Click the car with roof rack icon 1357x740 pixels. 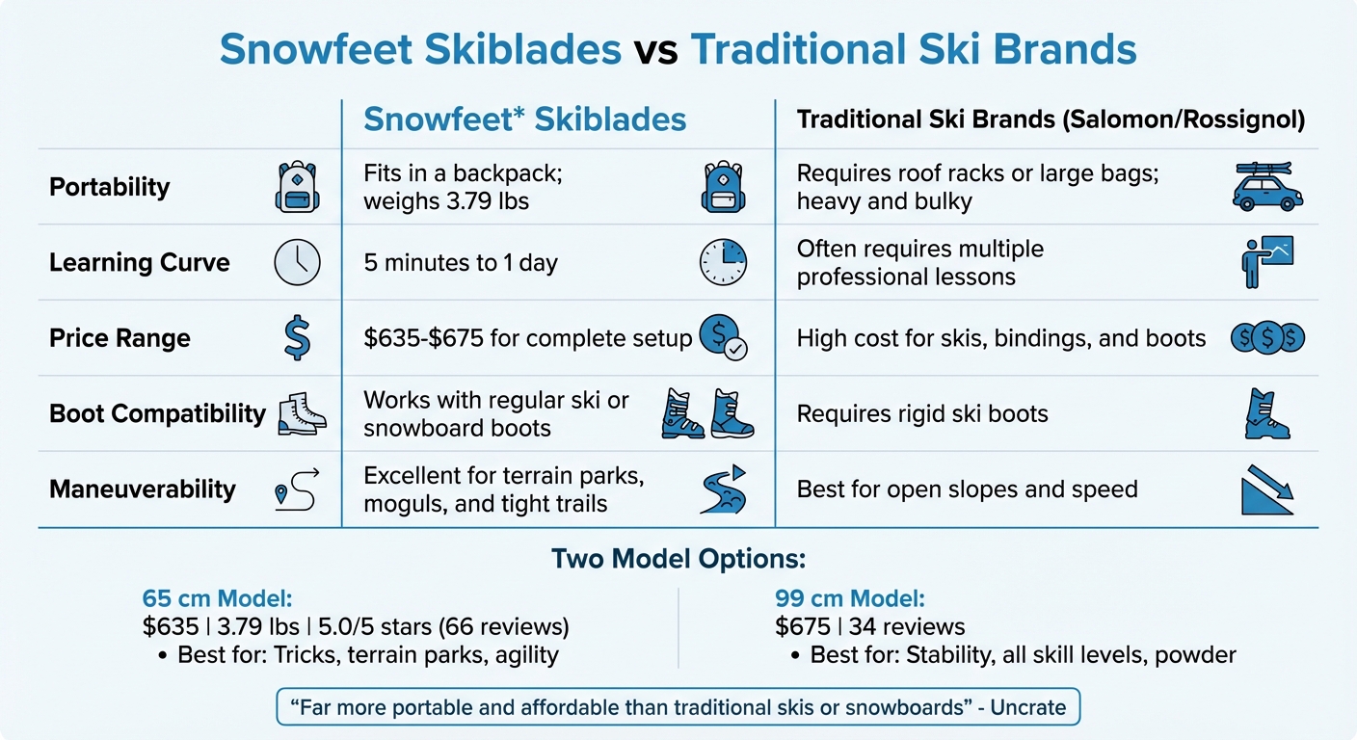pos(1267,186)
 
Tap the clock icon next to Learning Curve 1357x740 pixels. pos(297,262)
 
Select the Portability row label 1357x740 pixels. pos(109,187)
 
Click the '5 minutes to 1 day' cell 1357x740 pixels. pos(460,263)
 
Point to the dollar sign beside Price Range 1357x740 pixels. pos(297,338)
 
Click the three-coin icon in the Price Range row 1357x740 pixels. pos(1267,337)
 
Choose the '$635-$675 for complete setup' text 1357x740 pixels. pos(527,338)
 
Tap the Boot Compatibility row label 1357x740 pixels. pos(157,413)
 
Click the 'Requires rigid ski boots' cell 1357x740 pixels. pos(921,414)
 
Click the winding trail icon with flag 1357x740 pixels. pos(723,489)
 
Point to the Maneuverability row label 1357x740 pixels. pos(142,489)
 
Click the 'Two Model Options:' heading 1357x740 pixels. pos(678,559)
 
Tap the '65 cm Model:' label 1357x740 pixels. pos(206,597)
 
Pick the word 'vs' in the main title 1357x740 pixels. pos(655,50)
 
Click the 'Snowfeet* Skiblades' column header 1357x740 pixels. pos(524,119)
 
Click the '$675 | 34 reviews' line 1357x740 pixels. pos(869,627)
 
